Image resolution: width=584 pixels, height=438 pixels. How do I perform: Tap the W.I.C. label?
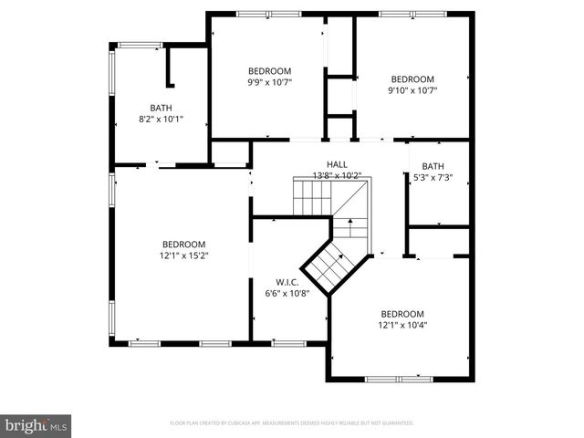tap(287, 282)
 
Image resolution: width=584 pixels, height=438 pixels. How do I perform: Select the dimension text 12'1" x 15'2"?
tap(183, 255)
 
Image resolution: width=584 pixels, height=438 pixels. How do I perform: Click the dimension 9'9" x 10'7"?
tap(269, 82)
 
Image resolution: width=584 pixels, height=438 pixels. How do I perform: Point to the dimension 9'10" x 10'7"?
tap(412, 89)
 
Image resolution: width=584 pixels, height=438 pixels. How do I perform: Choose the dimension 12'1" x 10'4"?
tap(402, 325)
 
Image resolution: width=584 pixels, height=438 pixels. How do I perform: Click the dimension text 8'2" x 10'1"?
tap(161, 118)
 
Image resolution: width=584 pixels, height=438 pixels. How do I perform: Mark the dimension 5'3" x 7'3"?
tap(433, 177)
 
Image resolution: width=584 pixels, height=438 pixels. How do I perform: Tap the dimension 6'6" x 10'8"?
tap(287, 293)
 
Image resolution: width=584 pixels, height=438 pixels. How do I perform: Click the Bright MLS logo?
tap(36, 424)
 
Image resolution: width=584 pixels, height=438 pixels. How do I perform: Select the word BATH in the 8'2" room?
tap(161, 107)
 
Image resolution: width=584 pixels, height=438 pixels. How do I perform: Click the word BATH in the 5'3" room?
tap(433, 166)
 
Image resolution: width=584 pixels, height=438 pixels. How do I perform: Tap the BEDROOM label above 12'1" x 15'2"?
tap(183, 244)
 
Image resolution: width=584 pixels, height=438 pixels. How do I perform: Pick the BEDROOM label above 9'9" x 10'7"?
tap(269, 71)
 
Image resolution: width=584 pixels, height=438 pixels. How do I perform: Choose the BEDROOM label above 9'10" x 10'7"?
tap(412, 78)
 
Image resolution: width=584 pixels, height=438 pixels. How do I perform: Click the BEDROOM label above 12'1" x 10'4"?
tap(402, 313)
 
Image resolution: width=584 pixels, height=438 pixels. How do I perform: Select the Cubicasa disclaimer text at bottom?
tap(292, 423)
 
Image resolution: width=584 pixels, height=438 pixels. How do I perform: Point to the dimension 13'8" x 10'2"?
tap(338, 175)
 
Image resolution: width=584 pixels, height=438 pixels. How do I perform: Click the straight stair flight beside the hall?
tap(311, 195)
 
